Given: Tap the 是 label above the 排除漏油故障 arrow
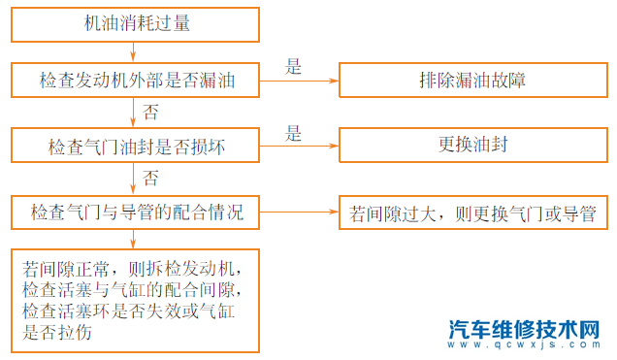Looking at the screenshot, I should coord(294,67).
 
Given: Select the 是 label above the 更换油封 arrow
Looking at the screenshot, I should coord(294,134).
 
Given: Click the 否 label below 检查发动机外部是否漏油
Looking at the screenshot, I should coord(150,113).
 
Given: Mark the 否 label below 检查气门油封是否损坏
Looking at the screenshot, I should coord(150,179).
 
